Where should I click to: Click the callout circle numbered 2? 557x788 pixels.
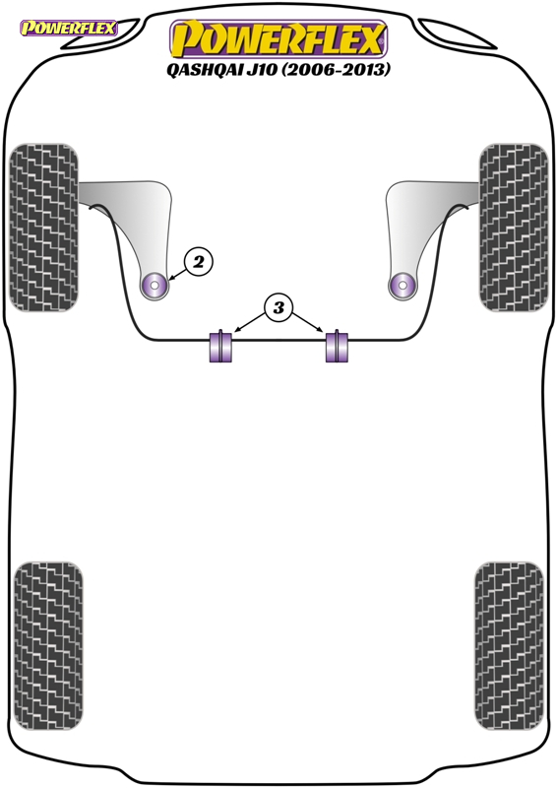click(x=199, y=261)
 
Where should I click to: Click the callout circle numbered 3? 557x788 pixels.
click(x=278, y=307)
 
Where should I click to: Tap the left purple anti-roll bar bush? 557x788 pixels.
click(x=221, y=346)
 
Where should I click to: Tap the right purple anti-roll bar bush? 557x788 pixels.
click(x=337, y=346)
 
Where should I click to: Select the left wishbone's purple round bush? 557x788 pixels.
click(x=155, y=286)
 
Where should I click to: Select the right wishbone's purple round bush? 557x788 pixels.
click(x=402, y=286)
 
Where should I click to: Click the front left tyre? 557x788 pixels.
click(x=44, y=228)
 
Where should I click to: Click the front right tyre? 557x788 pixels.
click(x=514, y=228)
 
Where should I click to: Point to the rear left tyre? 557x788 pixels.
click(x=48, y=646)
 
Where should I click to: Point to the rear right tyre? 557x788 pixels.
click(x=509, y=646)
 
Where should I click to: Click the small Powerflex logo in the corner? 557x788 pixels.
click(x=68, y=28)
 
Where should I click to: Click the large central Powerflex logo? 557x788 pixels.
click(x=278, y=39)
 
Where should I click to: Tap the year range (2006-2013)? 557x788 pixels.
click(x=335, y=69)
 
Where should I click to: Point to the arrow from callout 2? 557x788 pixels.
click(x=178, y=273)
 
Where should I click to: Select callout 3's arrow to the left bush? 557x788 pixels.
click(x=250, y=322)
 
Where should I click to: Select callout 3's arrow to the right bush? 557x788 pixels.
click(x=307, y=322)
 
